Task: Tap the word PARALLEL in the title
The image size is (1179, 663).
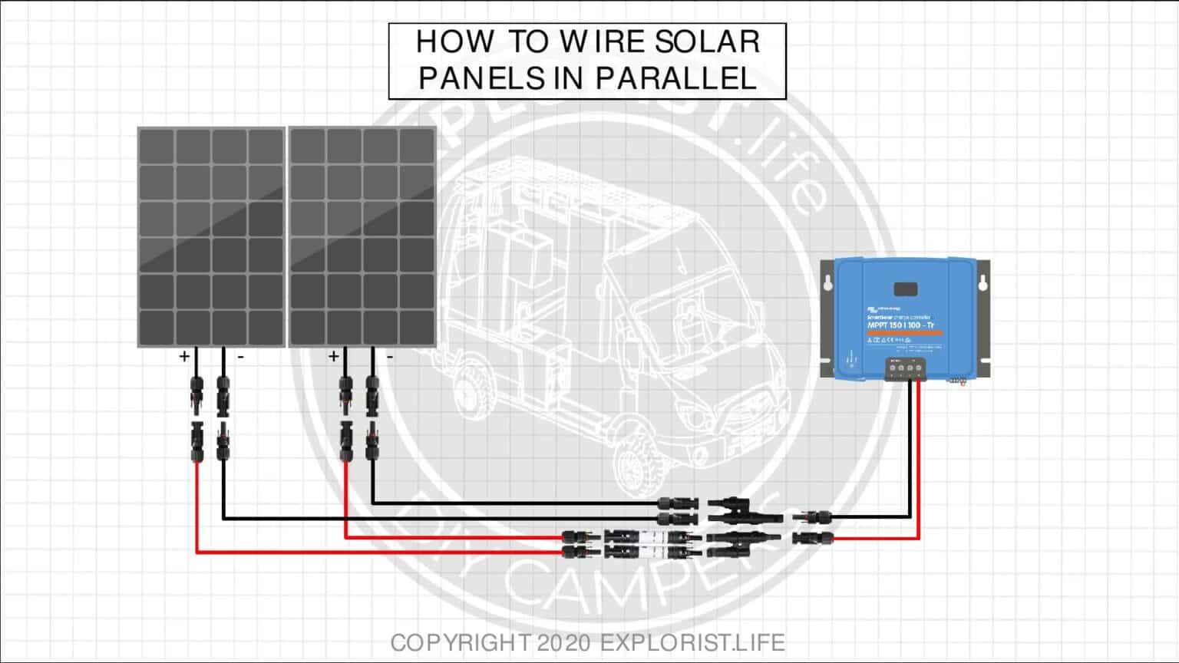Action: tap(676, 78)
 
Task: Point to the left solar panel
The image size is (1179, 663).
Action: tap(211, 237)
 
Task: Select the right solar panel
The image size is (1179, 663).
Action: tap(362, 237)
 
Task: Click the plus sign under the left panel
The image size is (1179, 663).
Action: tap(184, 356)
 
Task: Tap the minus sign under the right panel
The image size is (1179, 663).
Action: tap(390, 357)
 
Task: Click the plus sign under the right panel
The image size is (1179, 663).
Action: tap(333, 356)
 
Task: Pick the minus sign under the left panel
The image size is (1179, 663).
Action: tap(240, 357)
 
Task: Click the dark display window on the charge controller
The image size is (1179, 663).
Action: tap(906, 289)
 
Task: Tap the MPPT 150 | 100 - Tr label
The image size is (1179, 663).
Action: tap(900, 325)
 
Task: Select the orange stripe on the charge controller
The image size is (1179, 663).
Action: tap(901, 332)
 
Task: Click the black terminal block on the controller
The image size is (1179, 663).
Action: tap(905, 368)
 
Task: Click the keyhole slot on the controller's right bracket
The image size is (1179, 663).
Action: tap(982, 282)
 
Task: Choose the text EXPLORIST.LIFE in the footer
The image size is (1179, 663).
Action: tap(692, 642)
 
